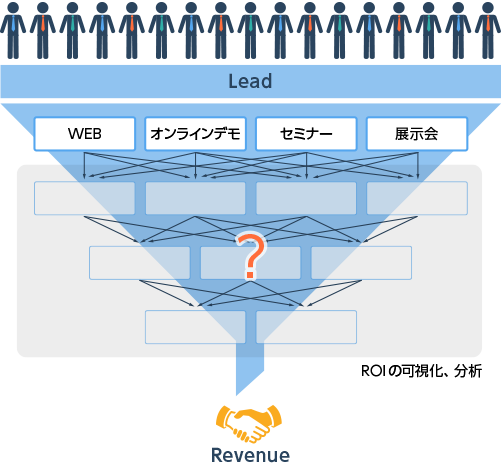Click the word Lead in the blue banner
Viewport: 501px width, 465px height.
(250, 81)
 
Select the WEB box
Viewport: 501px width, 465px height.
(85, 134)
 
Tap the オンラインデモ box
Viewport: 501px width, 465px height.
(195, 134)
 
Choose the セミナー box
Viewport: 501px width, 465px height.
(306, 134)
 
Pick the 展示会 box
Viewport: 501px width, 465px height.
(417, 134)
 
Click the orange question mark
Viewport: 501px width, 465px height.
(251, 256)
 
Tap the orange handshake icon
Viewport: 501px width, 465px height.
(249, 423)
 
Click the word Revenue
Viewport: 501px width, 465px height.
(250, 455)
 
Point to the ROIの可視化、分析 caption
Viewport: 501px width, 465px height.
(421, 371)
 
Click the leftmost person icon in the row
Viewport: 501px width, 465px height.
(13, 31)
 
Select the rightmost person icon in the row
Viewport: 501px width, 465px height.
(488, 31)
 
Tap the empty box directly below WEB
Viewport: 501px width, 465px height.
(85, 198)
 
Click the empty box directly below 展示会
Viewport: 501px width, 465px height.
(417, 198)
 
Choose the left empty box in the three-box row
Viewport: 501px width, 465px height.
(140, 263)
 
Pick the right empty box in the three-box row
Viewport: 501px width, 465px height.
(361, 263)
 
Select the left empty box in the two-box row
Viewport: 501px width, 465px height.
(195, 327)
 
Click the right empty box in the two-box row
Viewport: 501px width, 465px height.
(306, 327)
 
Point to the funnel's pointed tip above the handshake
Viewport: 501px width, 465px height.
(236, 395)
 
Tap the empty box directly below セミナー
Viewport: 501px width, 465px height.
(306, 198)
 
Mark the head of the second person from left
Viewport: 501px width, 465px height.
(43, 7)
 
